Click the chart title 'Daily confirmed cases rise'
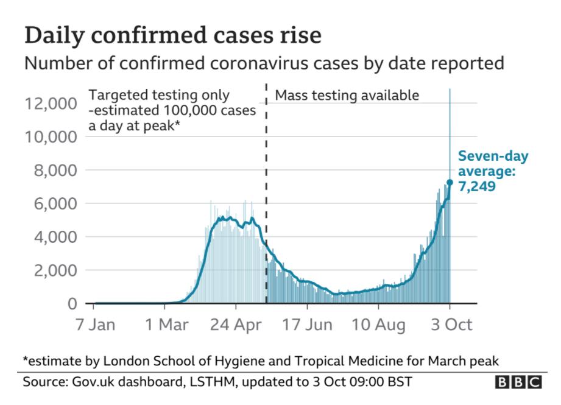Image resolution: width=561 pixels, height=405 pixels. point(172,36)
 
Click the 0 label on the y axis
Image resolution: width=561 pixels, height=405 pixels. point(72,303)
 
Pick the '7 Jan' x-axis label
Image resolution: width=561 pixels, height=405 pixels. point(94,325)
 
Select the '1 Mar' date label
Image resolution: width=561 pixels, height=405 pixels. point(165,325)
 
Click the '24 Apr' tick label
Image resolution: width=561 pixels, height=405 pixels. point(236,325)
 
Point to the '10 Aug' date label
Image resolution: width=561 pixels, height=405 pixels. point(378,325)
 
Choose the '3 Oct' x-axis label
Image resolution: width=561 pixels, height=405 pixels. point(450,325)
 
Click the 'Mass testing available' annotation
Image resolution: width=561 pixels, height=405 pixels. point(347,96)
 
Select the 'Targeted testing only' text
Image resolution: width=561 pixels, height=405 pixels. point(160,96)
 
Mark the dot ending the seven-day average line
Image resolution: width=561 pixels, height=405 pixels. point(450,182)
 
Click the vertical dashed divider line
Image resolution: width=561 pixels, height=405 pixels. point(267,195)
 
